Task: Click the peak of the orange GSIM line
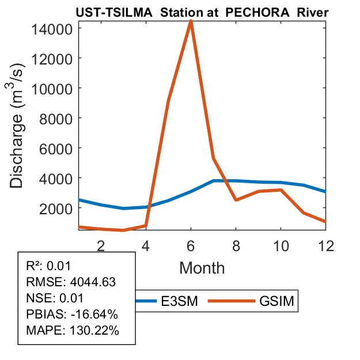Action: click(x=191, y=22)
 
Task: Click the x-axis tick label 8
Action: click(x=236, y=246)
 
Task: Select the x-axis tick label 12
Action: click(x=326, y=246)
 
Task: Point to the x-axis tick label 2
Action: click(x=100, y=246)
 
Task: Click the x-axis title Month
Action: click(x=202, y=268)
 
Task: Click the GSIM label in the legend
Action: click(x=275, y=301)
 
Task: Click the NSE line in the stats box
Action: click(x=55, y=298)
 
